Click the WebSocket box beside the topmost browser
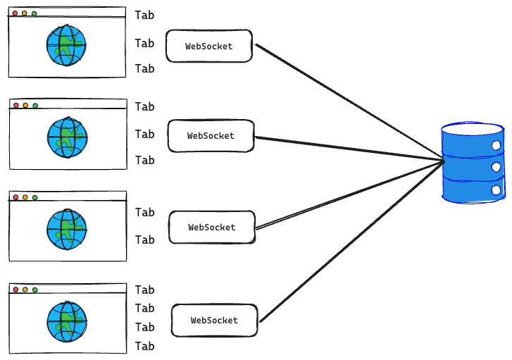click(x=208, y=46)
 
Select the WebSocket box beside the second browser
click(x=210, y=135)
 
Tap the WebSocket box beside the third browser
click(x=211, y=228)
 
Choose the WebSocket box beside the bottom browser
click(x=214, y=320)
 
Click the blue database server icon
click(x=473, y=163)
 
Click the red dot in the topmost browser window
click(x=14, y=13)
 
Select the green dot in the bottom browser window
click(x=35, y=290)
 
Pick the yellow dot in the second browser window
click(x=25, y=106)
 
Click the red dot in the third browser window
click(x=15, y=197)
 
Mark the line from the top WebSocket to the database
click(x=349, y=102)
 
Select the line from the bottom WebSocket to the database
click(x=352, y=242)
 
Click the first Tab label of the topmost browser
click(x=144, y=15)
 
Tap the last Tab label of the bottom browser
click(x=144, y=346)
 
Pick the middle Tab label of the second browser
click(x=144, y=134)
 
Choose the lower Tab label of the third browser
click(x=144, y=240)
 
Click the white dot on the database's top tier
click(x=496, y=145)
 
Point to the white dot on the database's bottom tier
click(x=496, y=190)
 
